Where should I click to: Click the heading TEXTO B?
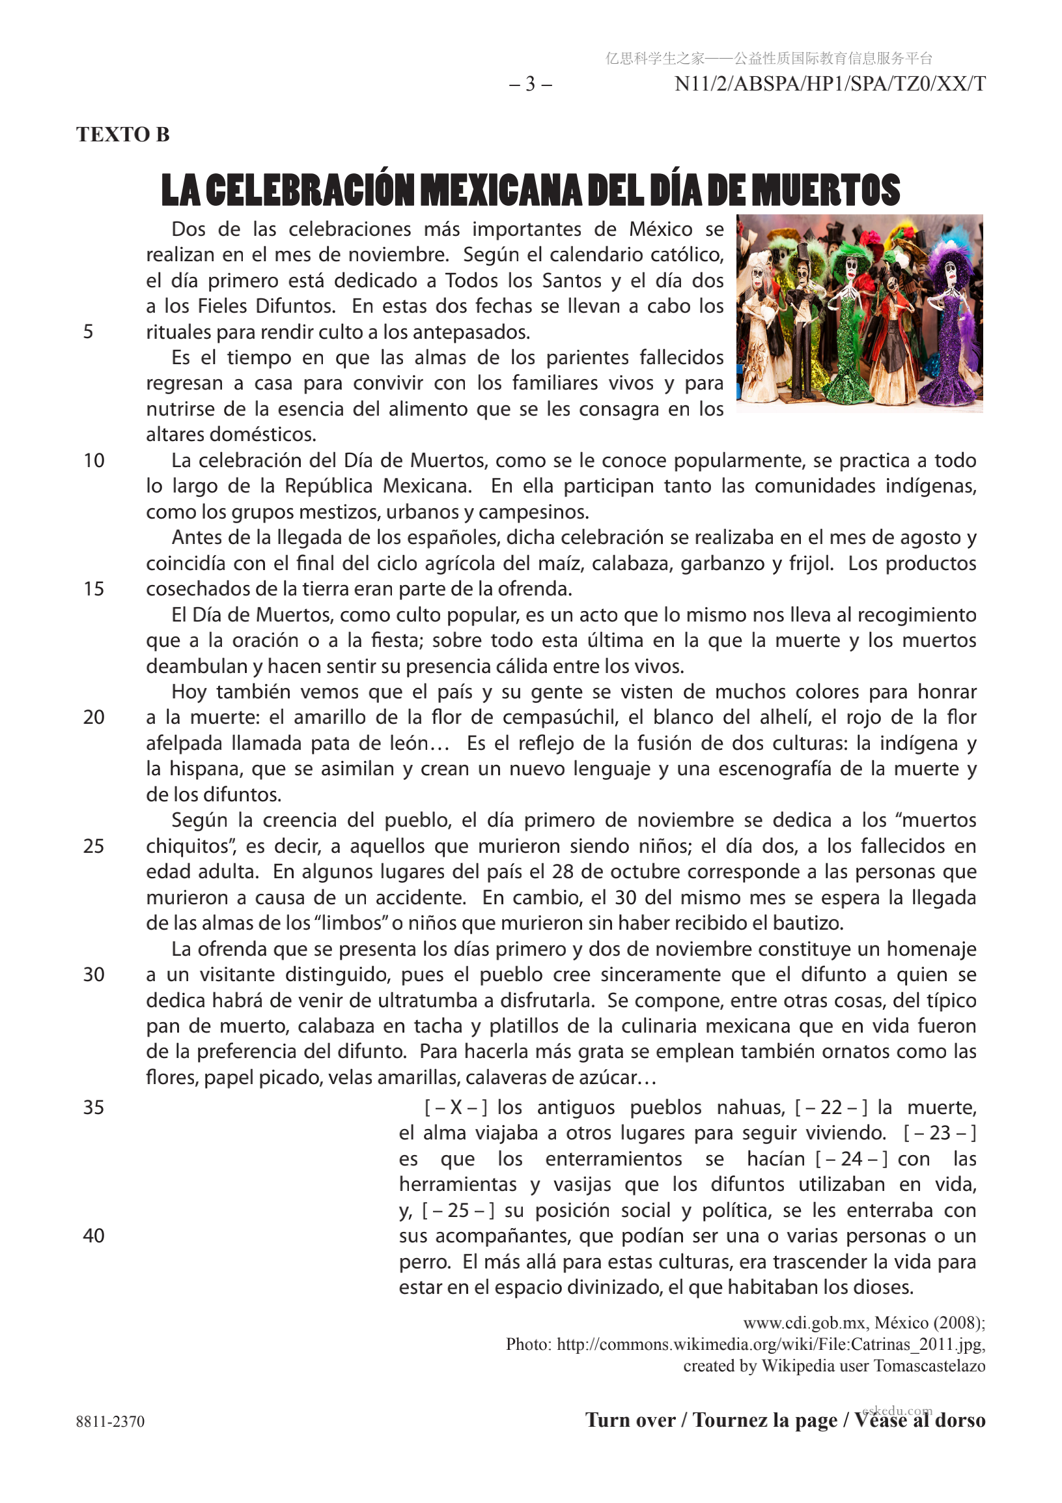[123, 134]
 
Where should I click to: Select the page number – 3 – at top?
[531, 84]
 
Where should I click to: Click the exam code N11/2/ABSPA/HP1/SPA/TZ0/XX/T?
[830, 84]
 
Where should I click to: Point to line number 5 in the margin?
[89, 332]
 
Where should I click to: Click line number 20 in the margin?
[94, 717]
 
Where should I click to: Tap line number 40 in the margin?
[94, 1235]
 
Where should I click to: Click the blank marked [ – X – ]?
[456, 1108]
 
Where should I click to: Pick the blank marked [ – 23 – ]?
[940, 1133]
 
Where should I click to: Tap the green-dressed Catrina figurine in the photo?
[850, 327]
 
